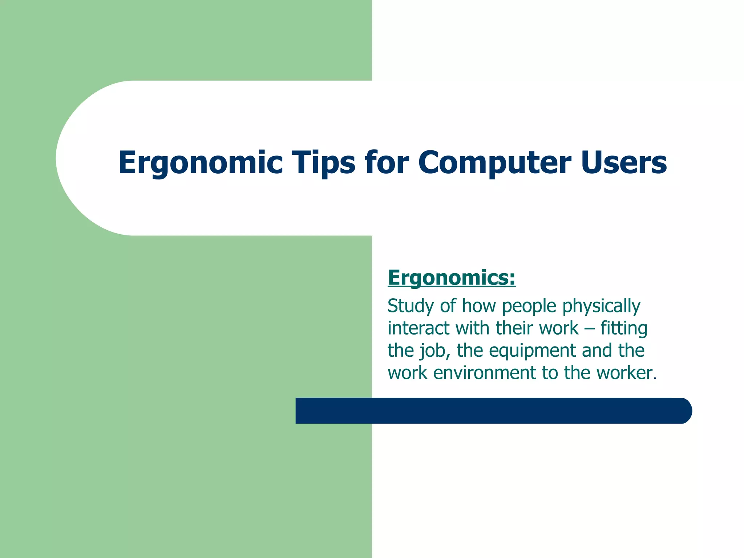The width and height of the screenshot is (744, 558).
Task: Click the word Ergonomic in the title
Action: (200, 163)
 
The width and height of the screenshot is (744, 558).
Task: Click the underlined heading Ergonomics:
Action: (452, 278)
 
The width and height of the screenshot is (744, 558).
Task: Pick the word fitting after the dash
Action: (623, 328)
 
